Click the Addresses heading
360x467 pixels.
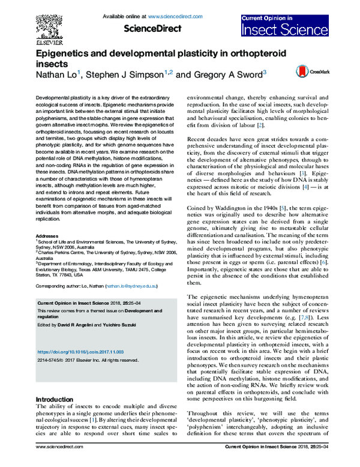[48, 237]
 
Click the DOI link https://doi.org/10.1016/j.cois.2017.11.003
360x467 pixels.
[82, 351]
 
